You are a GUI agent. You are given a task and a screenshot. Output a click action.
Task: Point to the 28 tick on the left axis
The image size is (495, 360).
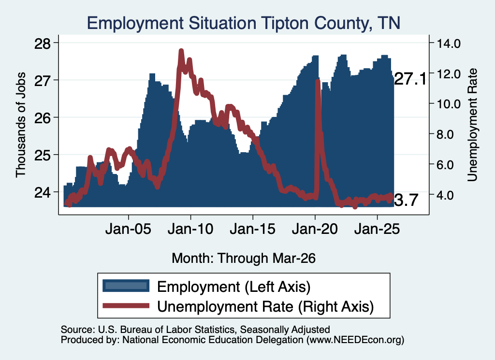pyautogui.click(x=43, y=43)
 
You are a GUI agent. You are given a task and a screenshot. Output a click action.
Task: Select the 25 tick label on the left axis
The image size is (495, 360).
pyautogui.click(x=43, y=155)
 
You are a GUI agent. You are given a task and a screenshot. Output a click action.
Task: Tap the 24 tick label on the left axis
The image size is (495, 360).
pyautogui.click(x=43, y=192)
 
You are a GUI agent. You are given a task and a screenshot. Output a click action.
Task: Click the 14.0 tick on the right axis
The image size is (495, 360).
pyautogui.click(x=448, y=43)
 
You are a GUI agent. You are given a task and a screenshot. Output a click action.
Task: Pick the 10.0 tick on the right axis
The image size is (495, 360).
pyautogui.click(x=448, y=104)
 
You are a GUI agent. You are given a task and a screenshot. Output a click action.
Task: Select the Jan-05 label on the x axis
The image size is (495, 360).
pyautogui.click(x=128, y=229)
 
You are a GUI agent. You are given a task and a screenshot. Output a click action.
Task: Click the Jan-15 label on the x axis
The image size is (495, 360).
pyautogui.click(x=252, y=229)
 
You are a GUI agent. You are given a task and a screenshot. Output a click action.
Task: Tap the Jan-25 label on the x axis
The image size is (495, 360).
pyautogui.click(x=377, y=229)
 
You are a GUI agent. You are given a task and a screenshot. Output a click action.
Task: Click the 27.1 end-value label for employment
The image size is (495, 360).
pyautogui.click(x=410, y=79)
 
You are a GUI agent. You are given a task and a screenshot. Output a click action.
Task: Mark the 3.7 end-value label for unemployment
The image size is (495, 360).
pyautogui.click(x=406, y=200)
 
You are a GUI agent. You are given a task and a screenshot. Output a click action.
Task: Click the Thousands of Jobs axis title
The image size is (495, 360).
pyautogui.click(x=20, y=125)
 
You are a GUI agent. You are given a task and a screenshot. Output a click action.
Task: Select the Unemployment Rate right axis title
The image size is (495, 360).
pyautogui.click(x=472, y=125)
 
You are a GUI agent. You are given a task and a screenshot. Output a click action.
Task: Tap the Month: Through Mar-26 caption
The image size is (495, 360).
pyautogui.click(x=244, y=258)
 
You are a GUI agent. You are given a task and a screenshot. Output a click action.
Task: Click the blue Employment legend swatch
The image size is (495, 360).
pyautogui.click(x=126, y=286)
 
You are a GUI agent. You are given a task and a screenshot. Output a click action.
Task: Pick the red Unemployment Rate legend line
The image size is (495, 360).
pyautogui.click(x=126, y=305)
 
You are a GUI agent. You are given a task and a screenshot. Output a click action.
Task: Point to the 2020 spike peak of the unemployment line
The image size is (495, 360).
pyautogui.click(x=318, y=81)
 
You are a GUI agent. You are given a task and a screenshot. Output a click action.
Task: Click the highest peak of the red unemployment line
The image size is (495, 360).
pyautogui.click(x=181, y=50)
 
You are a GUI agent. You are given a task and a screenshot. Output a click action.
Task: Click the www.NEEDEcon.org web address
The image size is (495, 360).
pyautogui.click(x=355, y=340)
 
